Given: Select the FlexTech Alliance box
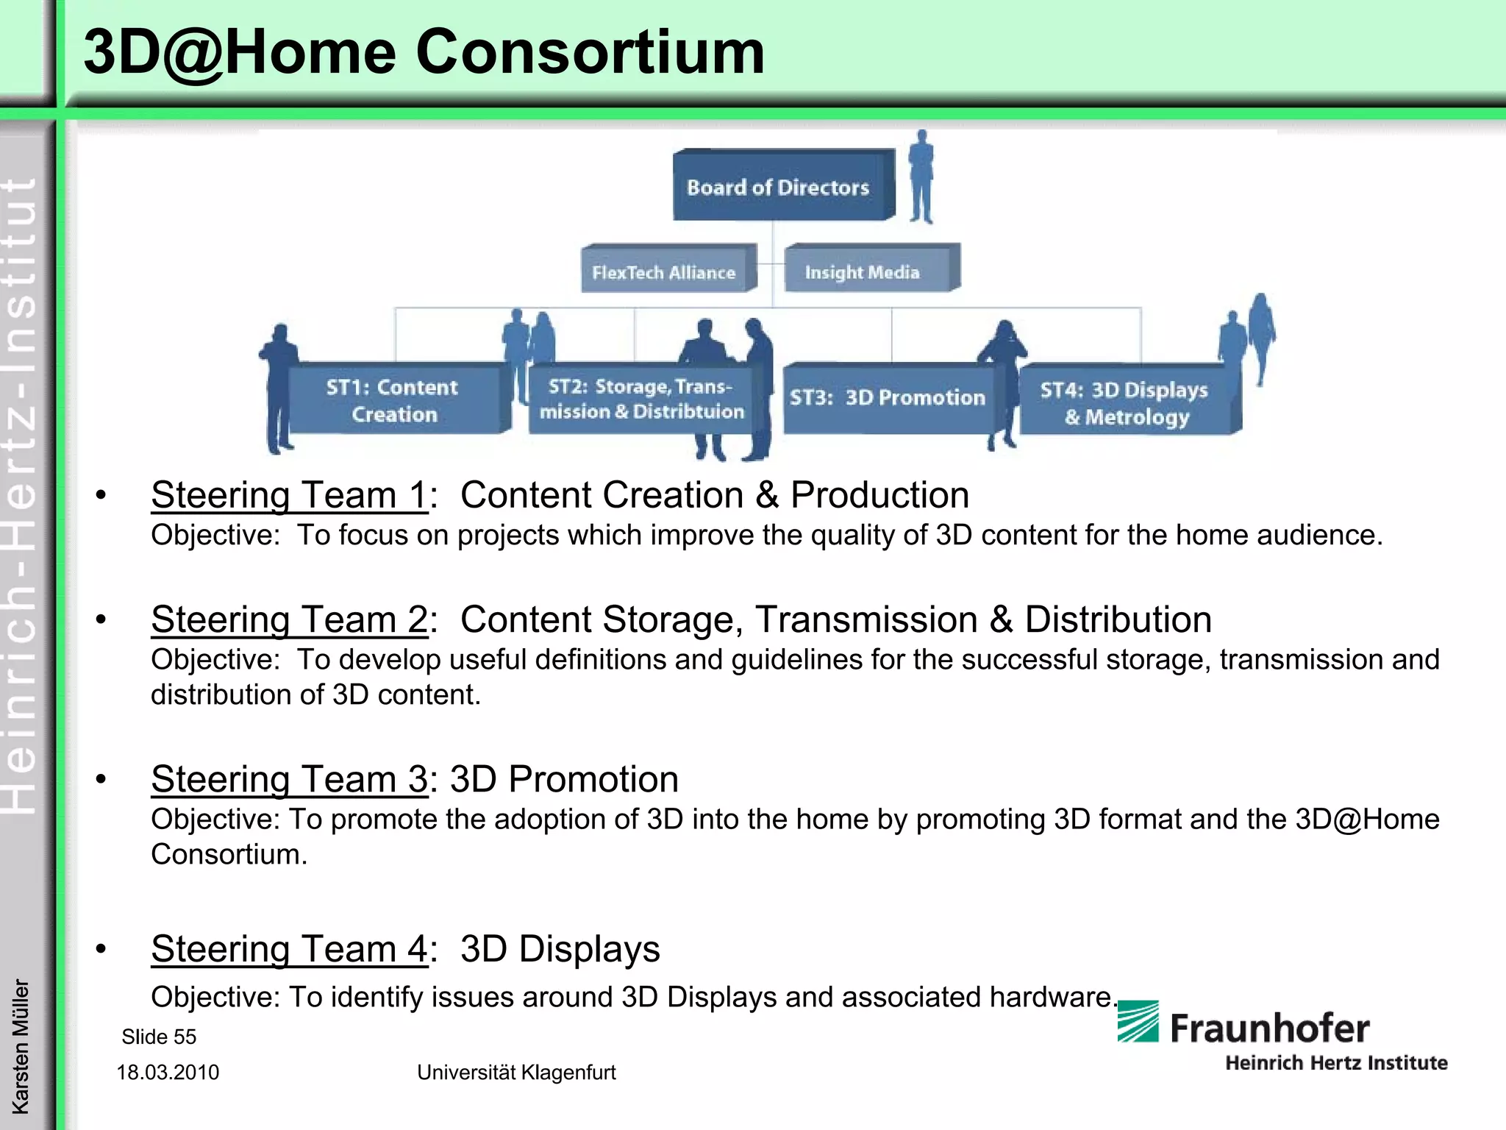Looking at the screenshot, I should click(664, 271).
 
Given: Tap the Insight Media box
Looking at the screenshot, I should click(863, 271).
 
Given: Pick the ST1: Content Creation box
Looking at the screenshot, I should click(393, 399).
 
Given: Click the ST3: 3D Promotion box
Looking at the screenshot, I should click(888, 398).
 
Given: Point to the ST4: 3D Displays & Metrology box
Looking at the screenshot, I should click(1124, 402).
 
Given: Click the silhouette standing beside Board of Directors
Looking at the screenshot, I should click(921, 177).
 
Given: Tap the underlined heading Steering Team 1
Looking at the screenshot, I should click(289, 495).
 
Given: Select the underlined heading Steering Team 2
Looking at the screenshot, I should click(289, 619).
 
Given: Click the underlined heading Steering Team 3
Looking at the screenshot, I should click(289, 779).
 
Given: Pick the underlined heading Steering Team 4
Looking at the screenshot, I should click(289, 949).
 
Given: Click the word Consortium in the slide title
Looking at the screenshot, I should click(590, 52).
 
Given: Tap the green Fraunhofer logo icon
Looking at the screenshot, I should click(1138, 1021).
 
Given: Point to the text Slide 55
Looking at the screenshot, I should click(159, 1037).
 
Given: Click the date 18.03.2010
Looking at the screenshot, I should click(168, 1072).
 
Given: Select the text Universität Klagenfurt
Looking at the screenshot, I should click(516, 1072).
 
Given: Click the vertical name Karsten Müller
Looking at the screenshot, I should click(21, 1045).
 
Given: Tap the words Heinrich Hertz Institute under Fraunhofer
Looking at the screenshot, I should click(1336, 1062).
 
